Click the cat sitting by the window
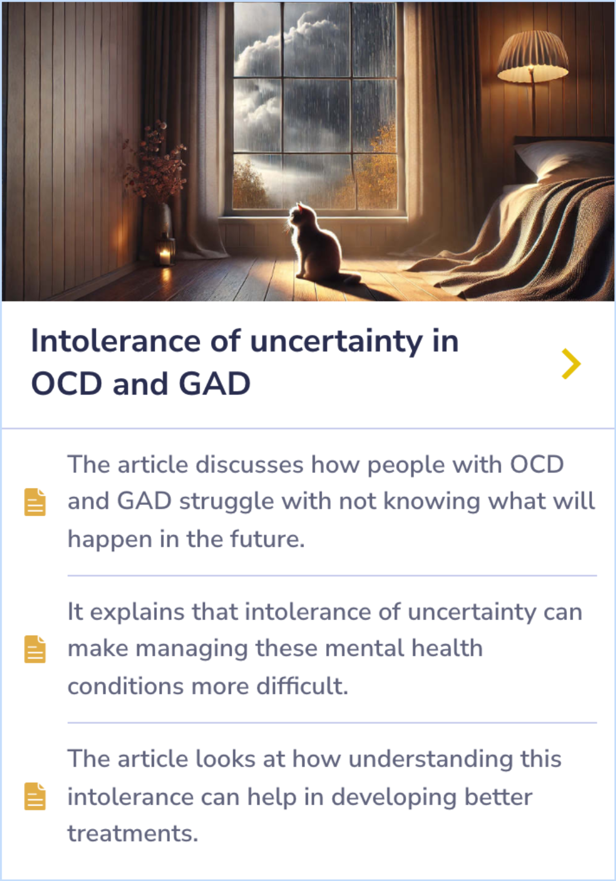[x=317, y=245]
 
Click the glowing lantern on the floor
[x=165, y=251]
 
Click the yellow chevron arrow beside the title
[x=570, y=363]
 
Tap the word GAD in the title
[x=214, y=383]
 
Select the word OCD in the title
[x=67, y=383]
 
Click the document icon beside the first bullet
[x=35, y=502]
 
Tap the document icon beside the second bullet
[x=35, y=649]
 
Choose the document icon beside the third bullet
[x=35, y=796]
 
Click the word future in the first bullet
[x=267, y=539]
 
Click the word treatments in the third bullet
[x=132, y=833]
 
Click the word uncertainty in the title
[x=336, y=341]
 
